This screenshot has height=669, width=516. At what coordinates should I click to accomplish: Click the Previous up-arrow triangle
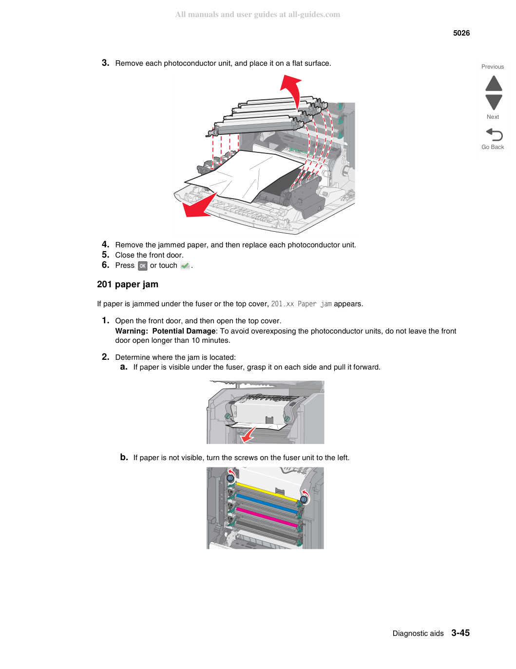494,83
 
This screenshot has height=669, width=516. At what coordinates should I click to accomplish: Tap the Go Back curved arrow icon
494,134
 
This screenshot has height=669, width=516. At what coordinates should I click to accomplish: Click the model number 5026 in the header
461,33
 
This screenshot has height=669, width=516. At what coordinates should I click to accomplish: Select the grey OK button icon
142,266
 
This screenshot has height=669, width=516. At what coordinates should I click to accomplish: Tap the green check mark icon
185,265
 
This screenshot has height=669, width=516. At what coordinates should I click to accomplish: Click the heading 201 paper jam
128,284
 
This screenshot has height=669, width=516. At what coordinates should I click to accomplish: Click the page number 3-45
460,633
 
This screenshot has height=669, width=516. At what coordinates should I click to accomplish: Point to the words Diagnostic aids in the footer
418,633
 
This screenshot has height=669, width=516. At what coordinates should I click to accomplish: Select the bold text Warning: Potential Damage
165,331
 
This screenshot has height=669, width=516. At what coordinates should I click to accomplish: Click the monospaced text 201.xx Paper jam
301,304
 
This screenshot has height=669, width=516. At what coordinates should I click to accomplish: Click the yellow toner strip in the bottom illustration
267,492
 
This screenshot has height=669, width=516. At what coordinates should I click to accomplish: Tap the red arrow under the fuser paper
248,434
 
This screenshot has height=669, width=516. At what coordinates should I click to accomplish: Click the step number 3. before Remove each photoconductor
105,63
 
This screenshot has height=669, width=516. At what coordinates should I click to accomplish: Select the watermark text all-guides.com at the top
314,15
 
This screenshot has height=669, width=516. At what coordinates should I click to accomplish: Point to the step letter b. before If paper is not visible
124,457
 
